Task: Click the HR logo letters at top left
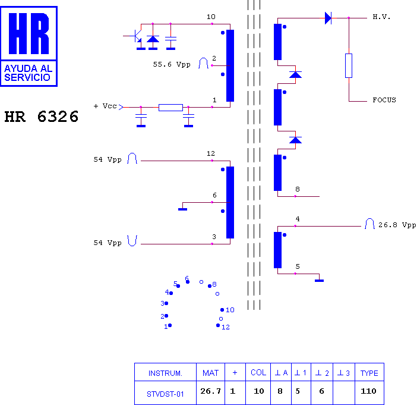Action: [x=29, y=33]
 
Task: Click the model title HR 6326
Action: [x=42, y=117]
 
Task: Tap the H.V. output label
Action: [x=381, y=17]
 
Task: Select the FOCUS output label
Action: [x=384, y=100]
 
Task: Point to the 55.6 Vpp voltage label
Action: [x=172, y=64]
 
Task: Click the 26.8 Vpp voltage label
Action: [x=397, y=225]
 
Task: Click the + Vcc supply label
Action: [x=105, y=106]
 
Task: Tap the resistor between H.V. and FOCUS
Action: [x=349, y=66]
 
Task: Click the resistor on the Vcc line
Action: [x=170, y=108]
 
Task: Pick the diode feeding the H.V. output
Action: [x=328, y=18]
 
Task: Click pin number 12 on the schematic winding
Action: [x=211, y=153]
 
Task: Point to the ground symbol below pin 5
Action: [x=319, y=281]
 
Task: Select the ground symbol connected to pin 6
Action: [x=183, y=209]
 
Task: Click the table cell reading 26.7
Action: [x=210, y=391]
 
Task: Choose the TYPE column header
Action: [x=369, y=373]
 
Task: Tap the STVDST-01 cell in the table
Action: [x=165, y=394]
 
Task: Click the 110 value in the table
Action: [x=368, y=391]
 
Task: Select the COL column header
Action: [x=258, y=372]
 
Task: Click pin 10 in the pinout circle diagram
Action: [x=222, y=310]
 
